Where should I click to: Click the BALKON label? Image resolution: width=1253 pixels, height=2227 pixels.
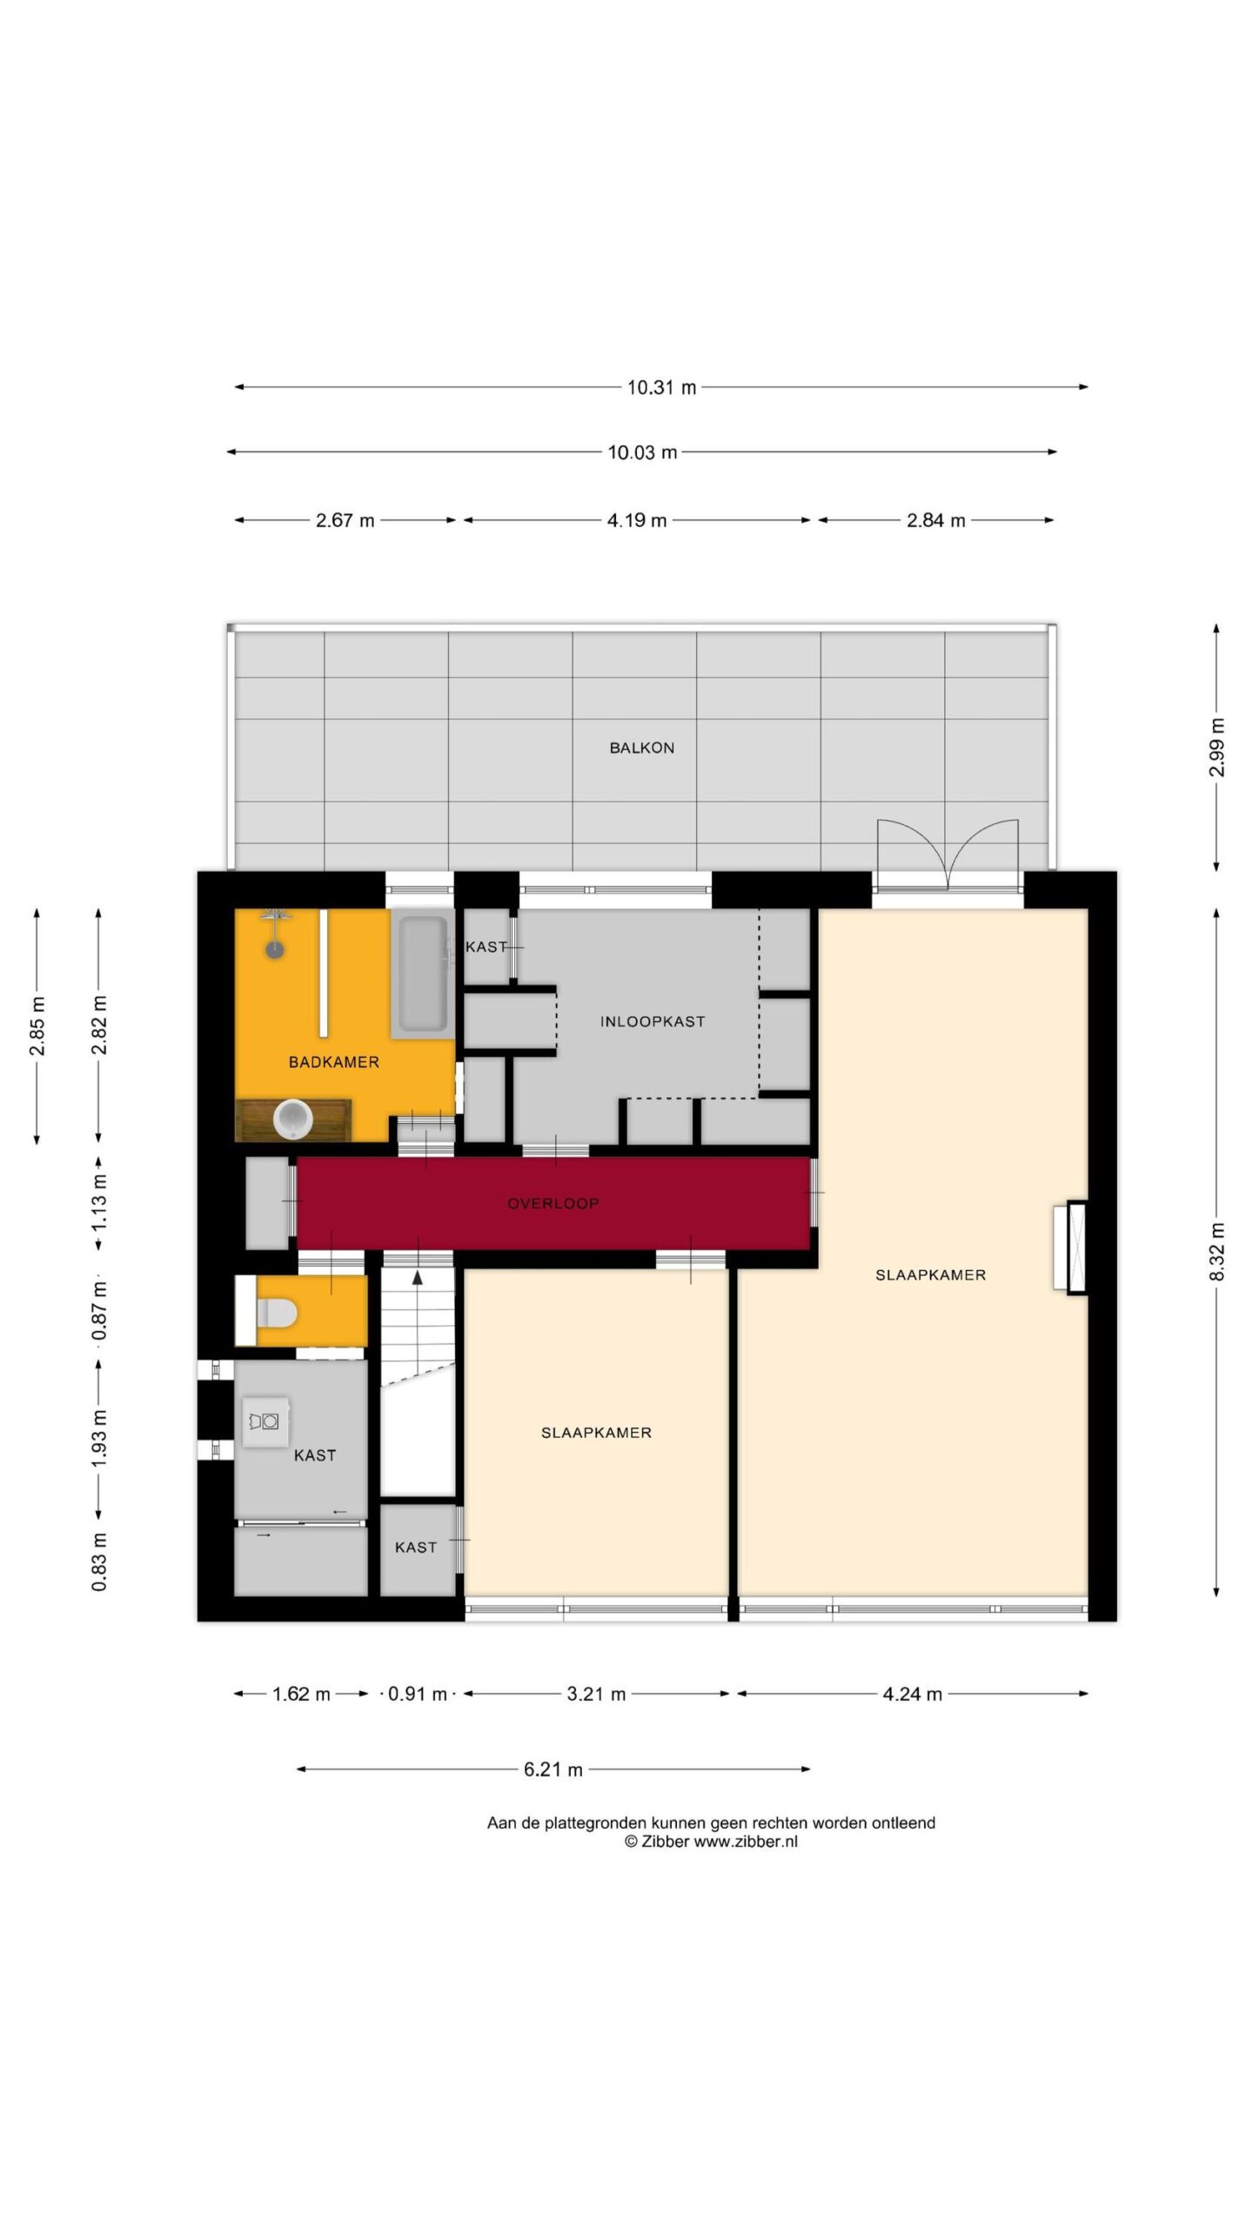pos(641,748)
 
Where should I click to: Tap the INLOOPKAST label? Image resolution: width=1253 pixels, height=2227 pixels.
pos(652,1021)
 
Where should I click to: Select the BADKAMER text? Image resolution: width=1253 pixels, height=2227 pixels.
pos(333,1062)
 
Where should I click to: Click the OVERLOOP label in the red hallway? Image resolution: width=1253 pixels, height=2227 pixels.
pos(553,1204)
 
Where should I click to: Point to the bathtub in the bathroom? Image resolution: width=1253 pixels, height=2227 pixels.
pos(423,973)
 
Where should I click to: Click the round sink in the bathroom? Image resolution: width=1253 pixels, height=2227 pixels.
pos(292,1119)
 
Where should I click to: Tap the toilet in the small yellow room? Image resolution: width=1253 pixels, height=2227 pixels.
pos(277,1312)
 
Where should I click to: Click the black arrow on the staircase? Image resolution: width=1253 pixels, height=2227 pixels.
pos(418,1277)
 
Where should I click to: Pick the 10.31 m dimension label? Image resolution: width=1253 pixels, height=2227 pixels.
pos(661,388)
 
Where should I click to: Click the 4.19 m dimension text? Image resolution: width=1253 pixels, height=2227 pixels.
pos(636,521)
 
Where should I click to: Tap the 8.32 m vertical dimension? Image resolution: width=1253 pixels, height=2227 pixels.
pos(1216,1252)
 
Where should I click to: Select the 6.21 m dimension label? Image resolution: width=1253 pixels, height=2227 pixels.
pos(553,1769)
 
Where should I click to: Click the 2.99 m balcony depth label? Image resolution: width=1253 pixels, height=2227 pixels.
pos(1216,747)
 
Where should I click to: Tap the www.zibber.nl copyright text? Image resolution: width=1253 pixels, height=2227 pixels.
pos(710,1842)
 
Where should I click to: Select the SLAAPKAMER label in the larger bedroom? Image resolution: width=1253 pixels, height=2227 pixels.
pos(930,1275)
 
